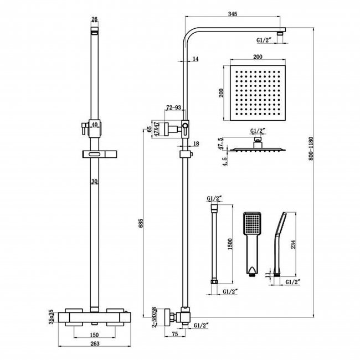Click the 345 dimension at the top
232,14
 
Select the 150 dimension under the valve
95,335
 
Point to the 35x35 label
50,317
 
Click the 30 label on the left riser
95,181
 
